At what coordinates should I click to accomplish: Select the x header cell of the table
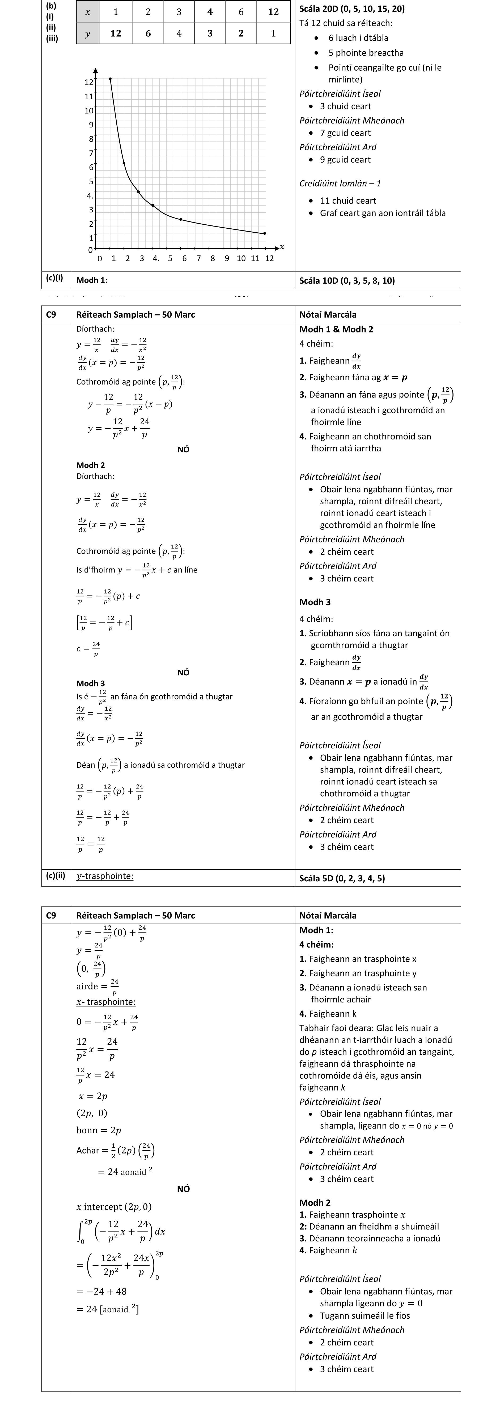pyautogui.click(x=87, y=11)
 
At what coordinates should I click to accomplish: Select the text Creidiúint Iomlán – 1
pyautogui.click(x=340, y=183)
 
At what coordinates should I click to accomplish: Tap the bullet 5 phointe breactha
pyautogui.click(x=366, y=53)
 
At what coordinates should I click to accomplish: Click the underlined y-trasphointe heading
pyautogui.click(x=105, y=876)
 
